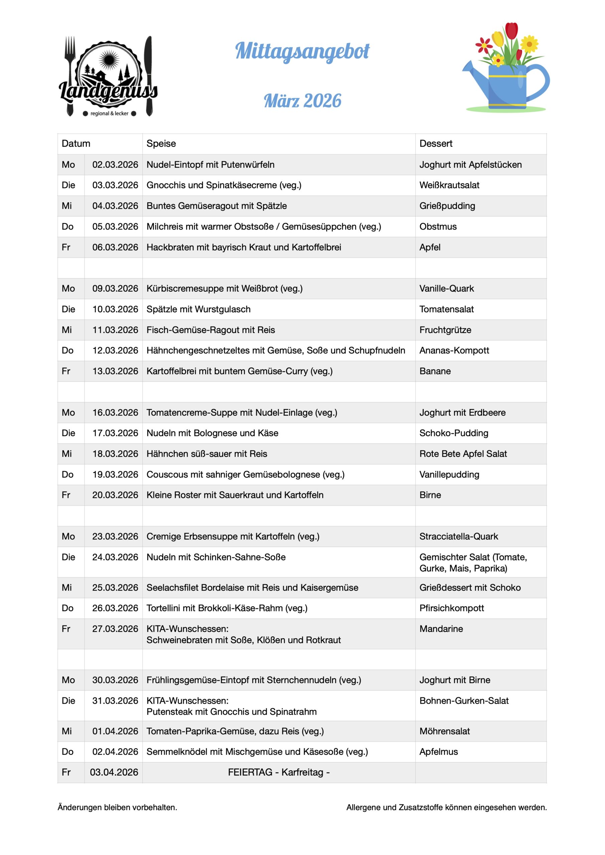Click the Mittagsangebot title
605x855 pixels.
click(302, 51)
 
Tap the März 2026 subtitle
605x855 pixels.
click(302, 101)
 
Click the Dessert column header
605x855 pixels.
click(436, 144)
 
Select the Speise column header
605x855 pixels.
click(161, 144)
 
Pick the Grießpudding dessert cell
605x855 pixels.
click(447, 206)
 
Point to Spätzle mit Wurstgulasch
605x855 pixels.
click(198, 309)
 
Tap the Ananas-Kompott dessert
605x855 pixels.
click(454, 350)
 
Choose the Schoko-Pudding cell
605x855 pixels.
click(454, 433)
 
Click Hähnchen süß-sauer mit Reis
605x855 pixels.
click(207, 454)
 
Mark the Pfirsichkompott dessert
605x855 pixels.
click(452, 608)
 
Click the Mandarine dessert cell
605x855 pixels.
click(441, 629)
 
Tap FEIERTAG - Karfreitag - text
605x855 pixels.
click(278, 772)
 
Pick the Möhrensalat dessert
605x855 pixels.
click(444, 731)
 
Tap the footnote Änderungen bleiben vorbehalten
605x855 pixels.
click(117, 807)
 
